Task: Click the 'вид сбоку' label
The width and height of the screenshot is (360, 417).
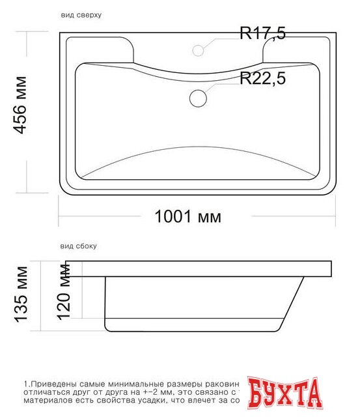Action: tap(78, 246)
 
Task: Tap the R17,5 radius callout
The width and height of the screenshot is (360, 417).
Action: tap(262, 35)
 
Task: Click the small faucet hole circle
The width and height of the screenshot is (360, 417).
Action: tap(198, 50)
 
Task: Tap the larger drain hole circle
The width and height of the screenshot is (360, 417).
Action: tap(198, 98)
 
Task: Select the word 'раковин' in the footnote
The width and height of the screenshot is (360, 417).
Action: tap(221, 384)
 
